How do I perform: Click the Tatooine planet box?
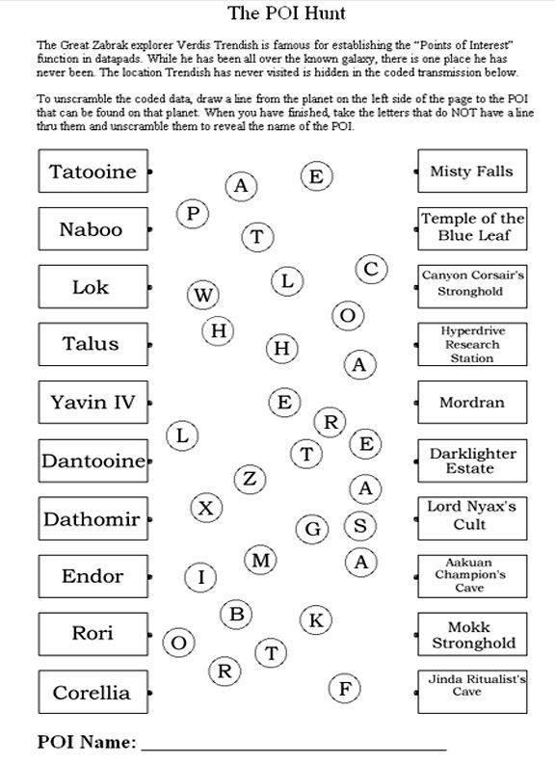pyautogui.click(x=93, y=171)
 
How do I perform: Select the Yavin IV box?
pyautogui.click(x=93, y=402)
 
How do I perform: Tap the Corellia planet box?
pyautogui.click(x=93, y=692)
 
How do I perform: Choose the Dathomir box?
pyautogui.click(x=93, y=518)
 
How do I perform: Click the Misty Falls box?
pyautogui.click(x=472, y=171)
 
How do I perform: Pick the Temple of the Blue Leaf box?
pyautogui.click(x=472, y=228)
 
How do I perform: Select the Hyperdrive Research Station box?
pyautogui.click(x=472, y=344)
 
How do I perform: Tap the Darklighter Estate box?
pyautogui.click(x=472, y=460)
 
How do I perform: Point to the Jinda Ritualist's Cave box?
pyautogui.click(x=472, y=692)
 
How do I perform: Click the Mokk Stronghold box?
pyautogui.click(x=472, y=634)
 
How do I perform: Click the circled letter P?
pyautogui.click(x=193, y=214)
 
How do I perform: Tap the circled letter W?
pyautogui.click(x=203, y=295)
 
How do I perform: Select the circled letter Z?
pyautogui.click(x=250, y=479)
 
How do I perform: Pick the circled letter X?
pyautogui.click(x=206, y=508)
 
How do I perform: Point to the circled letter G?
pyautogui.click(x=312, y=529)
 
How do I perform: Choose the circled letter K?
pyautogui.click(x=316, y=620)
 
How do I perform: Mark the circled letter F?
pyautogui.click(x=345, y=689)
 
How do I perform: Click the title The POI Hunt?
pyautogui.click(x=287, y=13)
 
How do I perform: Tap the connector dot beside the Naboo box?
pyautogui.click(x=149, y=228)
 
